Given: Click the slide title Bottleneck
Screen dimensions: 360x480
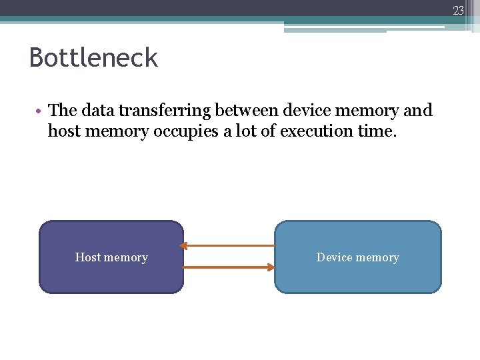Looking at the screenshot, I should click(x=93, y=58).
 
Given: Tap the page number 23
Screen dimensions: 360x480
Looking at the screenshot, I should click(x=459, y=10).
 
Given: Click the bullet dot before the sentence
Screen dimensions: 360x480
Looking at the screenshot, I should click(x=41, y=110).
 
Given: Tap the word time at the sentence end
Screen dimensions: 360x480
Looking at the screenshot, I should click(x=377, y=131).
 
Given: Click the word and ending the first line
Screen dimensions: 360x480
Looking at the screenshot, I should click(x=418, y=110).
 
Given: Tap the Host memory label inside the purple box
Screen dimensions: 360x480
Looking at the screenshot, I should click(x=111, y=257).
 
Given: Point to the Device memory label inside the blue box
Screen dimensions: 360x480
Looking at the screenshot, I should click(x=357, y=257).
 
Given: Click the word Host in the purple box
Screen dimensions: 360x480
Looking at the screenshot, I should click(x=87, y=257).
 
